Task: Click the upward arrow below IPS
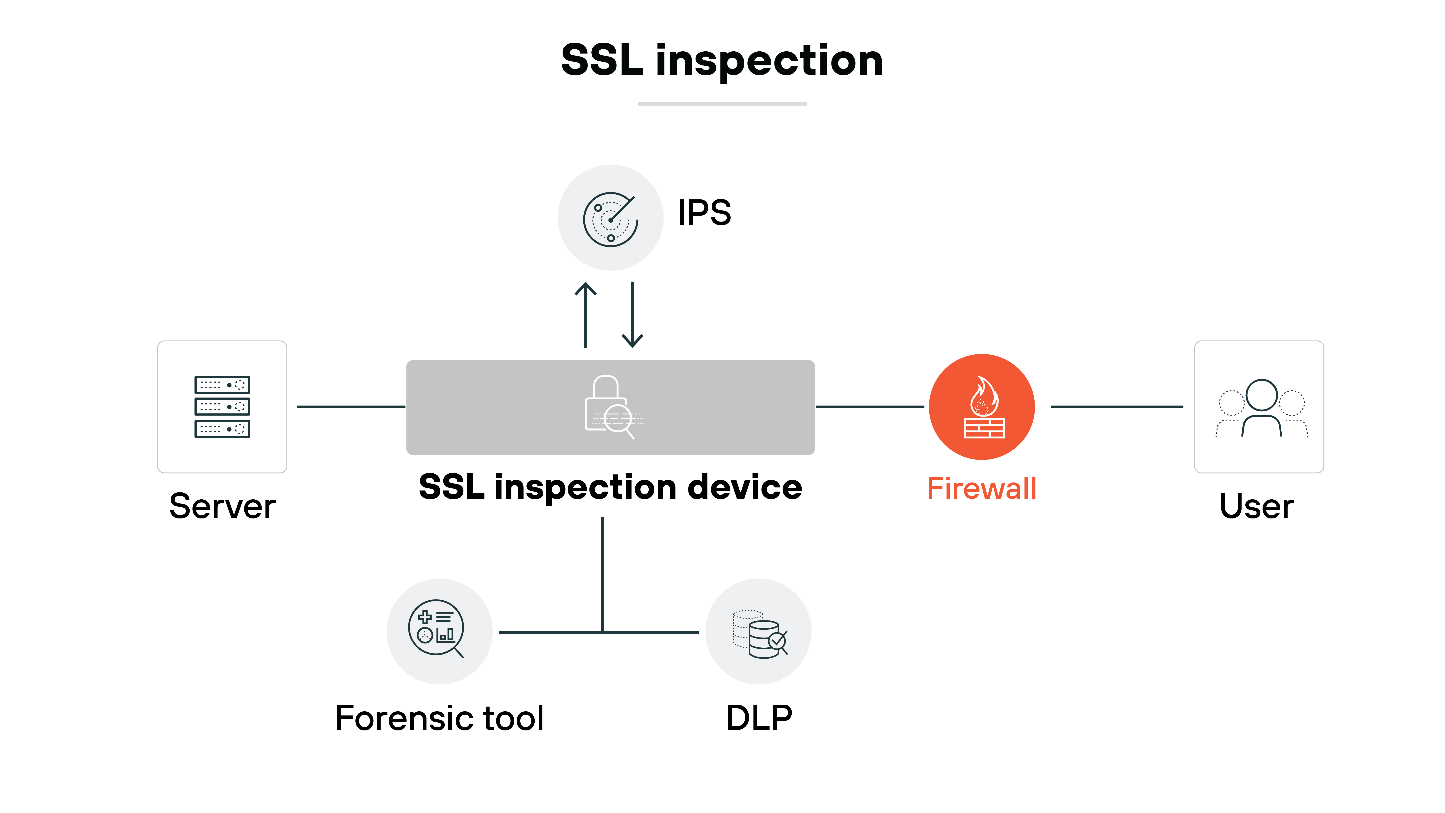(586, 314)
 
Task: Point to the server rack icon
(222, 407)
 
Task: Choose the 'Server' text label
(222, 506)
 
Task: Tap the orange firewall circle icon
(982, 407)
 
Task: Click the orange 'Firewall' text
(982, 488)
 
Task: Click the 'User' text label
(1256, 506)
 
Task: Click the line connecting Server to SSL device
(351, 407)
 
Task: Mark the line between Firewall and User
(1116, 407)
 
